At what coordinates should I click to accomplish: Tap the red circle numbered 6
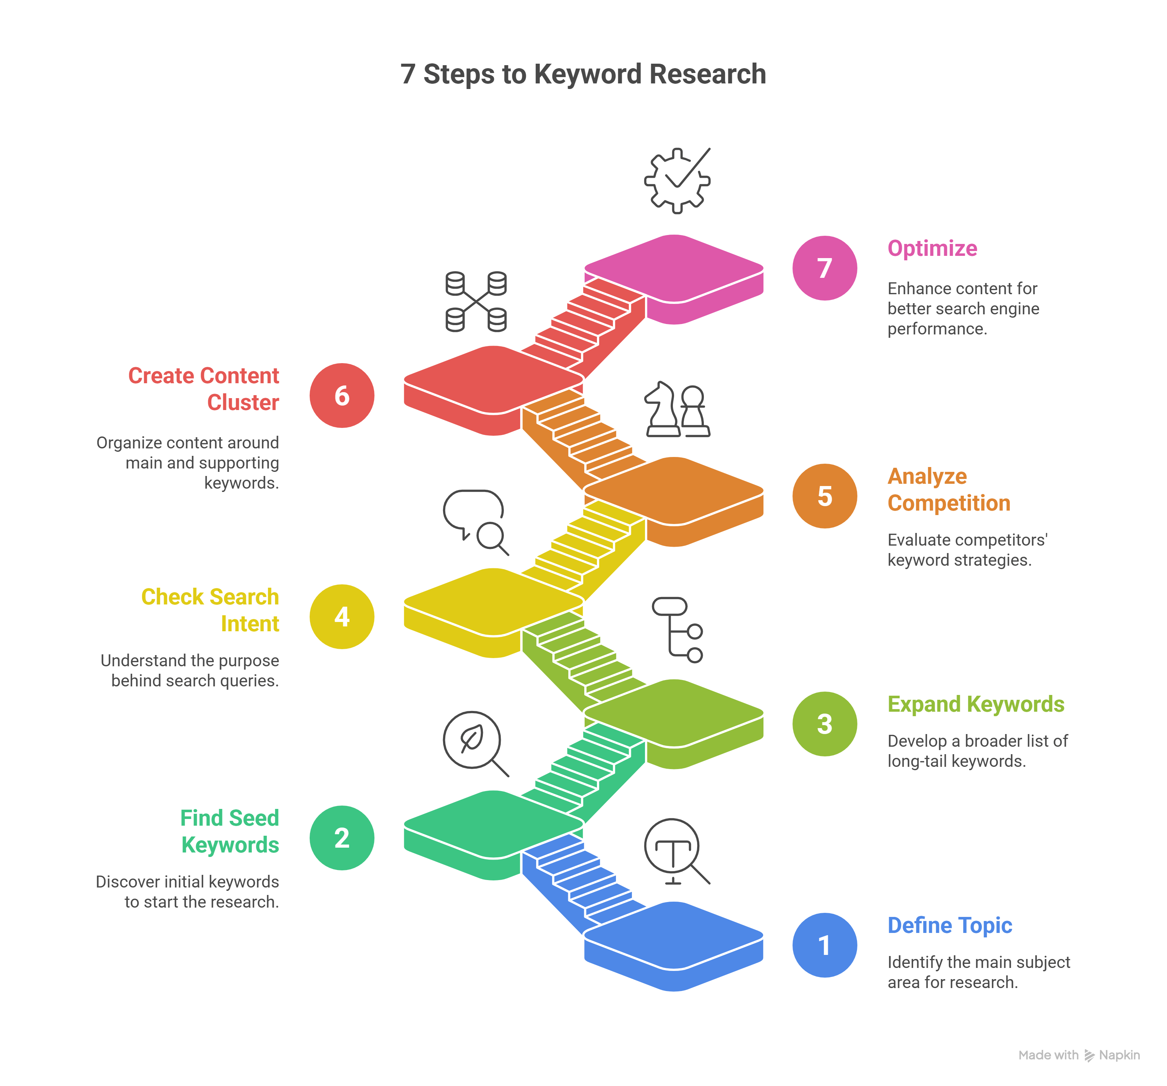click(x=342, y=396)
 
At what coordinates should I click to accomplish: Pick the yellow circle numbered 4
click(x=342, y=617)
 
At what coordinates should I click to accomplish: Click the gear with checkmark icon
click(x=677, y=180)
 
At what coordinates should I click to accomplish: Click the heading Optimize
click(x=932, y=248)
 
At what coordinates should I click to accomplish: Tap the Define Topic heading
click(x=949, y=925)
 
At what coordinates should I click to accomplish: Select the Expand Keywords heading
click(x=975, y=704)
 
